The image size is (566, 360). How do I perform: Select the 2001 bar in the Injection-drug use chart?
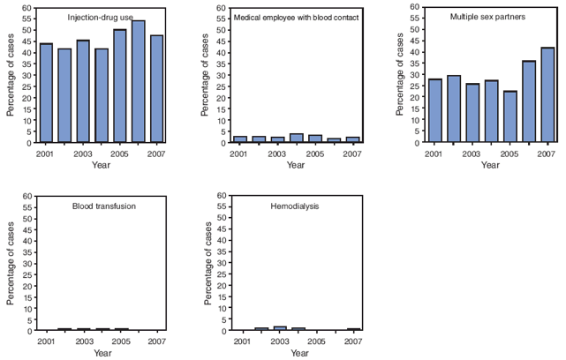[x=46, y=93]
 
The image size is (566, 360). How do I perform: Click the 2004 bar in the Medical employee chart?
[x=297, y=138]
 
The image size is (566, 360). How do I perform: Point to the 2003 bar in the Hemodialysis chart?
[x=278, y=328]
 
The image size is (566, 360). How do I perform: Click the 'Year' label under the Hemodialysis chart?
[x=299, y=353]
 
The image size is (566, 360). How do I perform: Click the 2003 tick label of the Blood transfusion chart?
[x=84, y=341]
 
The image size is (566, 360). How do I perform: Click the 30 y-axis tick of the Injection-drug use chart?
[x=26, y=75]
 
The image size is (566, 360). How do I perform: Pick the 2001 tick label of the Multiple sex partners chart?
[x=433, y=153]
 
